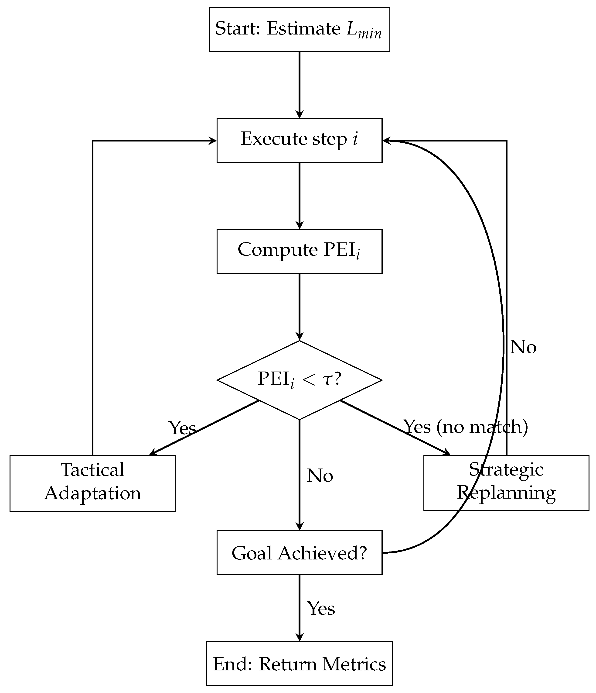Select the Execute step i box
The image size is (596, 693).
coord(299,141)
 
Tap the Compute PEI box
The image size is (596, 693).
coord(299,252)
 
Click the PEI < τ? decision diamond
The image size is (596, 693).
coord(299,380)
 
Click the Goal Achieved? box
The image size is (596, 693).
coord(299,552)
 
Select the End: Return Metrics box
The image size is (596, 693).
coord(299,664)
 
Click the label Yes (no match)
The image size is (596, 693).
coord(466,427)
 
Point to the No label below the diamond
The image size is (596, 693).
coord(320,476)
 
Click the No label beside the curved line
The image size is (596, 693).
coord(523,347)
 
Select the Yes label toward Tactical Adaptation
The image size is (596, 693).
coord(182,428)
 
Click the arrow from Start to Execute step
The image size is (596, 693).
coord(299,85)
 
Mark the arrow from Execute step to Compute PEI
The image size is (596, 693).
coord(299,196)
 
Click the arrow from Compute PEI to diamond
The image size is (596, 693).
coord(299,307)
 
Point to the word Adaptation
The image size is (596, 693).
coord(93,493)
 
